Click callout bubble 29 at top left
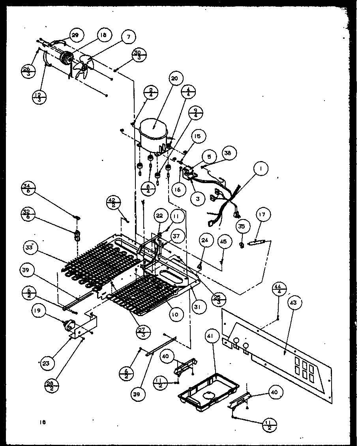point(75,35)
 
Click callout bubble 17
point(262,215)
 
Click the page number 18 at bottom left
point(43,422)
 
